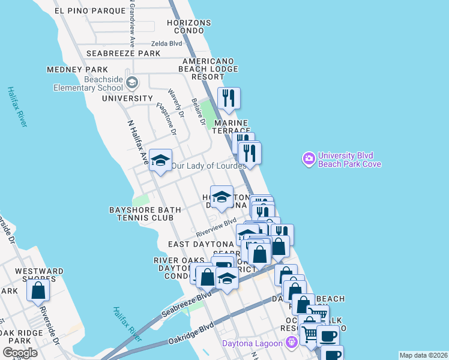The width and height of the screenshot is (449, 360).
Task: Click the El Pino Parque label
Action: pyautogui.click(x=89, y=11)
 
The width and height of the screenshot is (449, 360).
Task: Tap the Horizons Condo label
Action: pyautogui.click(x=190, y=26)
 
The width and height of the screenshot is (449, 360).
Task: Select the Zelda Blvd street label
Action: pyautogui.click(x=166, y=43)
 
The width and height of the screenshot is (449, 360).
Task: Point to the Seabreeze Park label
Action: pyautogui.click(x=123, y=53)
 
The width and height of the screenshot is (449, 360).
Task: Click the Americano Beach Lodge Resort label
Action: pyautogui.click(x=208, y=69)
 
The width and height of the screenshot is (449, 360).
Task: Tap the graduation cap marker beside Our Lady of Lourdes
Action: pyautogui.click(x=160, y=160)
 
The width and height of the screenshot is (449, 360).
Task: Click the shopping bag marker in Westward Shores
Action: pyautogui.click(x=38, y=290)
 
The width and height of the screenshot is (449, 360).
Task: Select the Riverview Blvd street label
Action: pyautogui.click(x=216, y=227)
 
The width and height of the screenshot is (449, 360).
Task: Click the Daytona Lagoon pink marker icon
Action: pyautogui.click(x=292, y=343)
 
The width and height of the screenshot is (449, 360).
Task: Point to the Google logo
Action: pyautogui.click(x=20, y=353)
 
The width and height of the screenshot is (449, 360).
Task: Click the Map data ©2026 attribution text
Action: pyautogui.click(x=423, y=355)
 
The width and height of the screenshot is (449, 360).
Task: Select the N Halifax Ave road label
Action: pyautogui.click(x=137, y=142)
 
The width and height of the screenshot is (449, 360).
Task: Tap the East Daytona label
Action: pyautogui.click(x=200, y=245)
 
